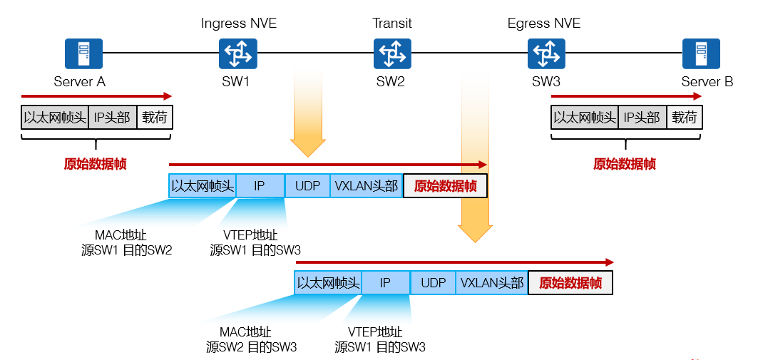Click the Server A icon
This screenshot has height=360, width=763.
[83, 53]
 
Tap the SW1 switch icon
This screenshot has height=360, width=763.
[237, 53]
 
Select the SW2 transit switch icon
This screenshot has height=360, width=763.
[392, 53]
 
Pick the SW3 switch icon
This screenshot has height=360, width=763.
[546, 53]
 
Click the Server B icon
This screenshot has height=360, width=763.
[701, 53]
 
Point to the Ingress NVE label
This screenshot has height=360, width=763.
[239, 24]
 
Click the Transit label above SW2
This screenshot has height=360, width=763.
[392, 24]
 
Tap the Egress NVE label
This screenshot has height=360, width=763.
[544, 24]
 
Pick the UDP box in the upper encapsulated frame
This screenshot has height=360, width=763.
[307, 186]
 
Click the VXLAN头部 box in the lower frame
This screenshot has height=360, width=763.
[492, 283]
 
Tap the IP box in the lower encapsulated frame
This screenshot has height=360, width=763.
[385, 283]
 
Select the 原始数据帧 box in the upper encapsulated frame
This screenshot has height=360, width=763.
[445, 186]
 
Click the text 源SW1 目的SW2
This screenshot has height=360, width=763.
[127, 250]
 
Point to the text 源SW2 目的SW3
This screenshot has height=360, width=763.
[252, 347]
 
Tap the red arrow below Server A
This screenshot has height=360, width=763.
[96, 96]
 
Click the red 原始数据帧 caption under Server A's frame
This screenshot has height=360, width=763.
[95, 164]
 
